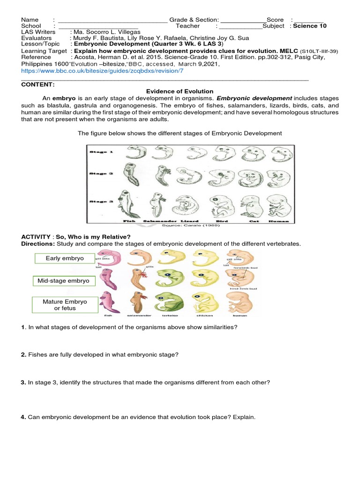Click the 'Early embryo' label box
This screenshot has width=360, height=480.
pos(65,258)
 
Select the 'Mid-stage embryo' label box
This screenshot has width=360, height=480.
pos(64,281)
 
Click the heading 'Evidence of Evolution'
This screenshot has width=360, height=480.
pos(180,91)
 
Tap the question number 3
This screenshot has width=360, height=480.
pos(23,382)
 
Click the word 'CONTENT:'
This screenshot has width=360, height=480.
pos(38,84)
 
